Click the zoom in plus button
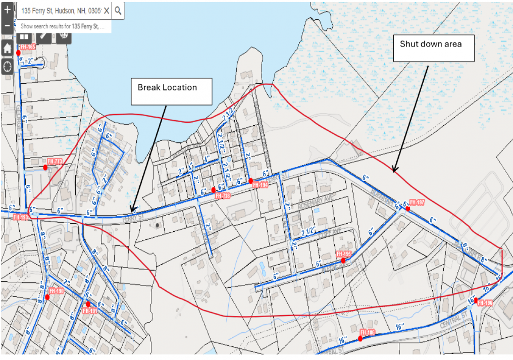pos(7,10)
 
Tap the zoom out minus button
pos(7,26)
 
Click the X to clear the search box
pos(106,11)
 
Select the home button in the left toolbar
pos(7,48)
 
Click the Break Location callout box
pos(171,91)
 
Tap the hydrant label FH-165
pos(28,47)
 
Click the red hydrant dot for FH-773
pos(45,167)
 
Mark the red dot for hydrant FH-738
pos(213,190)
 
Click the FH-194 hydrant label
pos(260,185)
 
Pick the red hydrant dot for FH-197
pos(408,209)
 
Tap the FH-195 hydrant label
pos(344,254)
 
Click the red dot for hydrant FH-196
pos(476,300)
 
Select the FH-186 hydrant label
pos(368,332)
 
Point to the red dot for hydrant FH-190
pos(47,297)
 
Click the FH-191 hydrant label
pos(91,311)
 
